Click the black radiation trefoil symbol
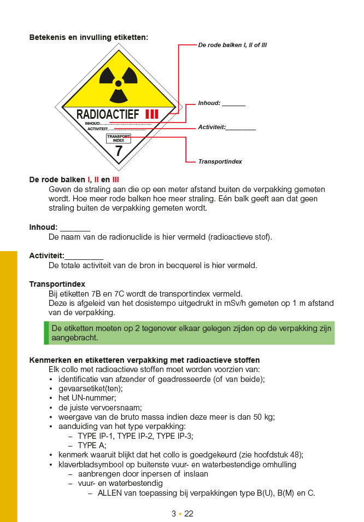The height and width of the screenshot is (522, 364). point(118,84)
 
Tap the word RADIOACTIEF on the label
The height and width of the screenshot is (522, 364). point(108,114)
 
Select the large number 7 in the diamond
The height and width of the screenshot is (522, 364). point(119,151)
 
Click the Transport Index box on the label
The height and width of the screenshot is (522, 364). point(119,138)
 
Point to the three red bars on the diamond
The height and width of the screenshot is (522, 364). point(151,114)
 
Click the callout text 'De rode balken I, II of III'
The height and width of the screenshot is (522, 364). point(232,45)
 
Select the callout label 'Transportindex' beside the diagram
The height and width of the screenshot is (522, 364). point(220,162)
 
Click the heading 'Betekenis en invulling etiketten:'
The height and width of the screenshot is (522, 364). point(89,38)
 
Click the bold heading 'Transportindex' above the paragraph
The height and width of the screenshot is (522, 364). point(57,284)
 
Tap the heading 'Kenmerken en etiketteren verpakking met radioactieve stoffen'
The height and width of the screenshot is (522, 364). point(144,360)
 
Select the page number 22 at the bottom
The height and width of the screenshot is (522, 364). point(189,514)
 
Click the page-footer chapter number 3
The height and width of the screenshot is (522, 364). point(173,514)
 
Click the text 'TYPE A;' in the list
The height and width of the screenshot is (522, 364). point(92,445)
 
